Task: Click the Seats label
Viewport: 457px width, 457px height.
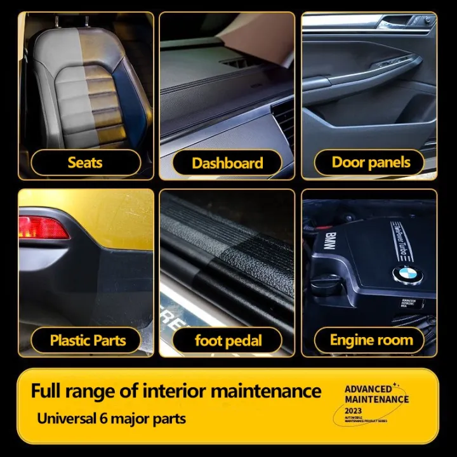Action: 85,163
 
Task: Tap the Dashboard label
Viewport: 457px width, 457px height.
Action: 227,163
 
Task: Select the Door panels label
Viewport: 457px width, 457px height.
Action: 371,162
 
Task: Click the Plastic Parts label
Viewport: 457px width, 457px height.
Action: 88,341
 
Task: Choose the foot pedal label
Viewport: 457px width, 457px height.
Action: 228,341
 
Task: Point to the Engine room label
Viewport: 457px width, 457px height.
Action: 371,341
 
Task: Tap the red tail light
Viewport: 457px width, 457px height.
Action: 43,228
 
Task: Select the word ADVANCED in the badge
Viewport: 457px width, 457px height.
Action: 368,389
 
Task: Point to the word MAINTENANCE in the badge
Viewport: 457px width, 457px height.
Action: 376,399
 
